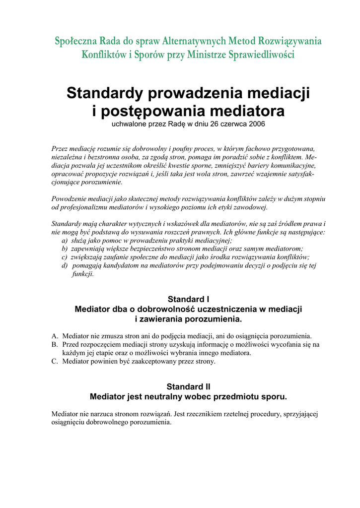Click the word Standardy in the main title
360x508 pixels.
(x=104, y=93)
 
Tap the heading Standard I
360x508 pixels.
(x=188, y=299)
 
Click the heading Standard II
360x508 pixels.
(x=188, y=386)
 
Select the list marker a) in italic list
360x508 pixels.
(x=65, y=240)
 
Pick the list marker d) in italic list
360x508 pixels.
(x=65, y=265)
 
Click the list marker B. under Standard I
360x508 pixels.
(x=55, y=344)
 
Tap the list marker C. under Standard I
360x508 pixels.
(x=55, y=362)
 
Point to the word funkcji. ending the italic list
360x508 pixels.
(x=82, y=274)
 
